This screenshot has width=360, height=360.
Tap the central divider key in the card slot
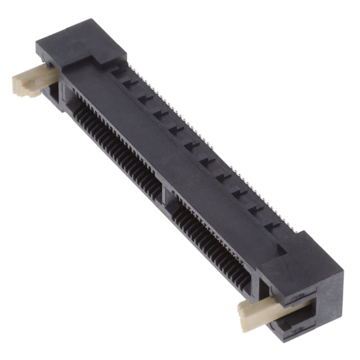coord(164,193)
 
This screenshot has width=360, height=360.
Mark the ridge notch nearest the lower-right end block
coord(272,226)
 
